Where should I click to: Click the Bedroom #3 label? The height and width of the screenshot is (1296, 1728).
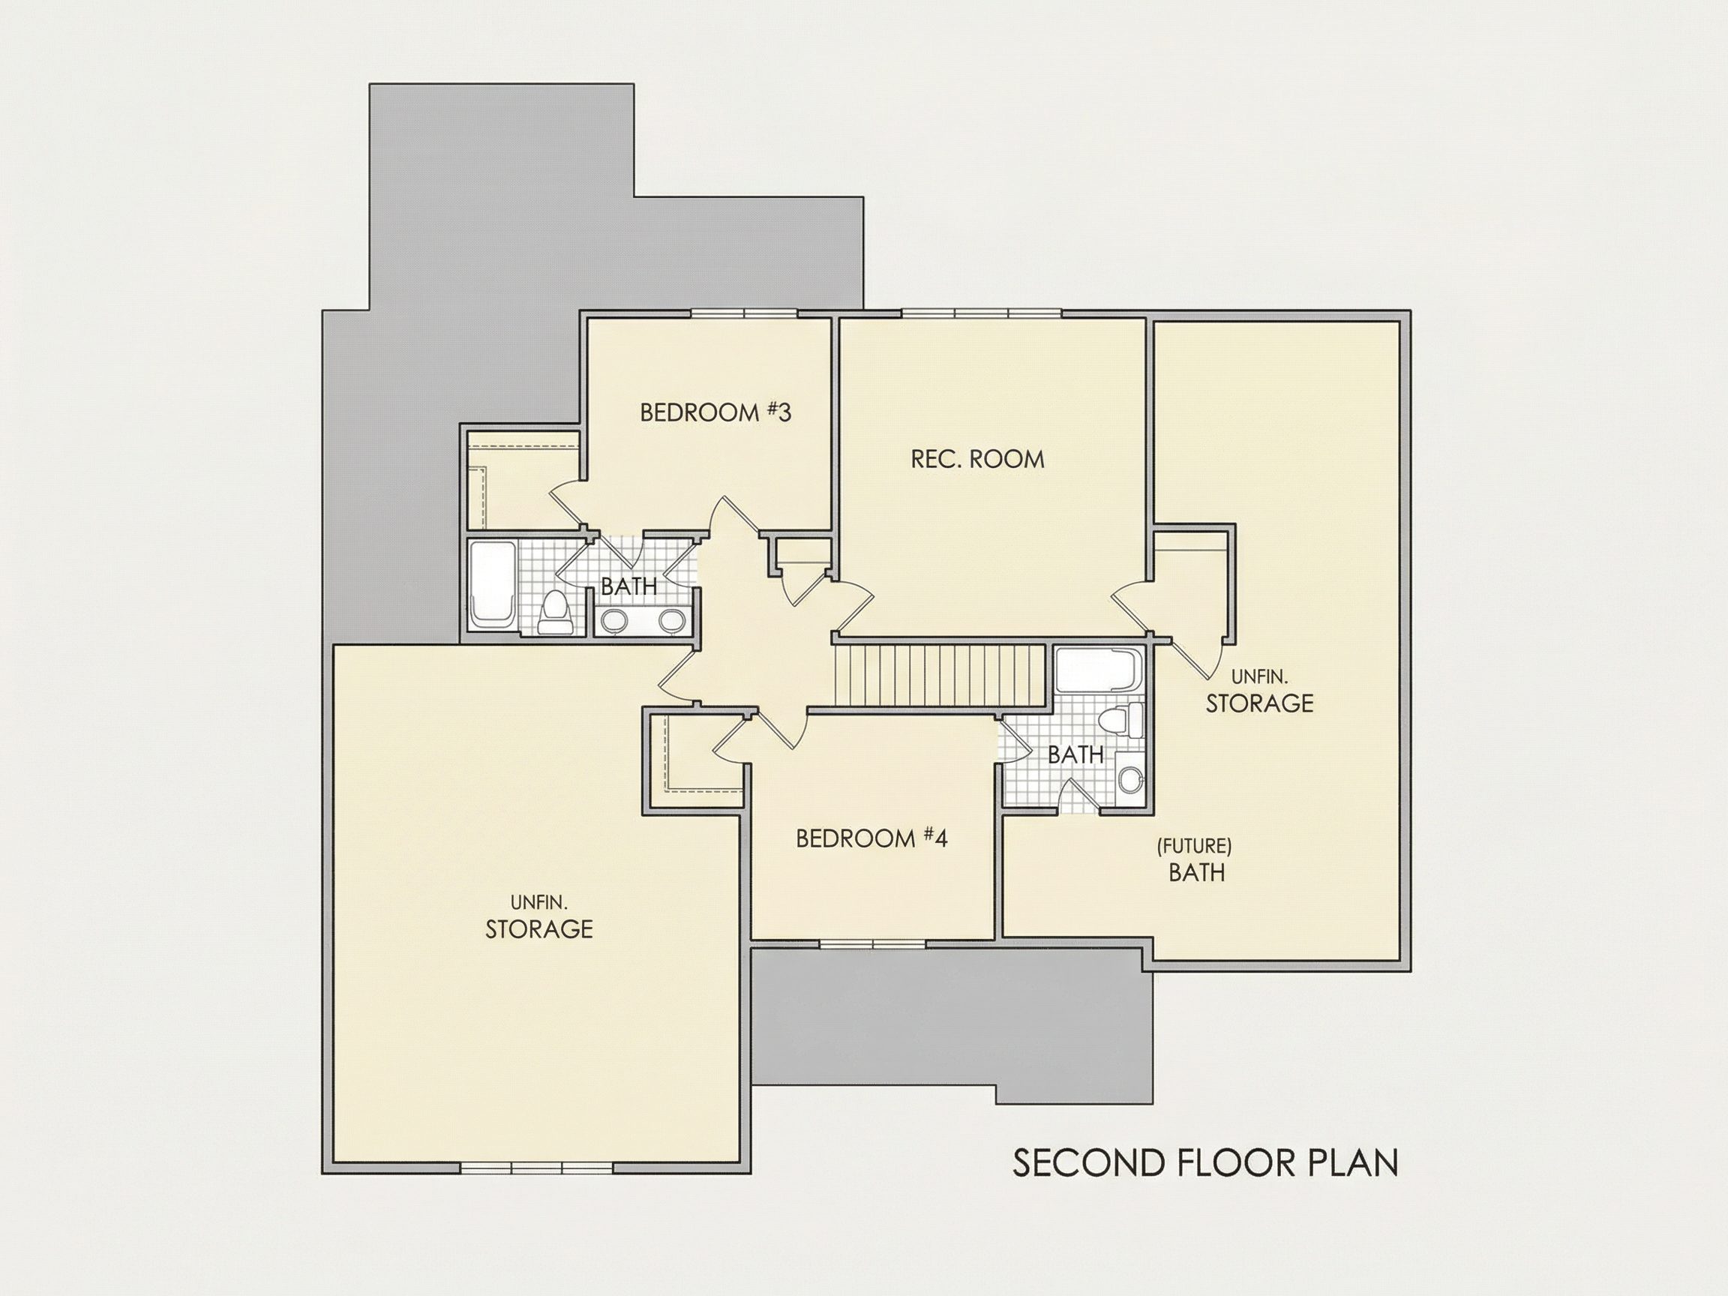pos(715,412)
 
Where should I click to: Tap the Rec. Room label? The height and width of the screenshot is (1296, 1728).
pos(977,458)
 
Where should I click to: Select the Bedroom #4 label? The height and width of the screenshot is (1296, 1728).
pos(871,838)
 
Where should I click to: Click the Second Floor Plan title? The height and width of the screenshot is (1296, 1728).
pos(1205,1163)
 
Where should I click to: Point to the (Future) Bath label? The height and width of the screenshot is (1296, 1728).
pos(1195,860)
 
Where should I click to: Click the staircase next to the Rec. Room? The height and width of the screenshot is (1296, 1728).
pos(940,675)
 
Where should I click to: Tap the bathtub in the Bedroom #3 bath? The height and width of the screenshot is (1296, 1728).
pos(492,583)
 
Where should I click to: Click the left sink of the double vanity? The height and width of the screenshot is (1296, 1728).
pos(615,620)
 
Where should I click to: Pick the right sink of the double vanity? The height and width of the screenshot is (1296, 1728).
pos(671,620)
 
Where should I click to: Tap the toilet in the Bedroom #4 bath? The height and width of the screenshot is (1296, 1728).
pos(1121,719)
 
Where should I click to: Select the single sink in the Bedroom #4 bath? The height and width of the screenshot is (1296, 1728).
pos(1129,778)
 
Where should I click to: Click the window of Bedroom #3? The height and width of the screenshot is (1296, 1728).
pos(744,313)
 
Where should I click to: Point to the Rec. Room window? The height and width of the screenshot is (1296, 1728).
pos(982,313)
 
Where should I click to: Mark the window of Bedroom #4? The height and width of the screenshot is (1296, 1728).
pos(871,943)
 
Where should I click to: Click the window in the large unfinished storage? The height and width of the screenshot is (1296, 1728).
pos(536,1168)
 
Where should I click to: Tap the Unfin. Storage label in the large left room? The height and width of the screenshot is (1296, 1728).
pos(539,917)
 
